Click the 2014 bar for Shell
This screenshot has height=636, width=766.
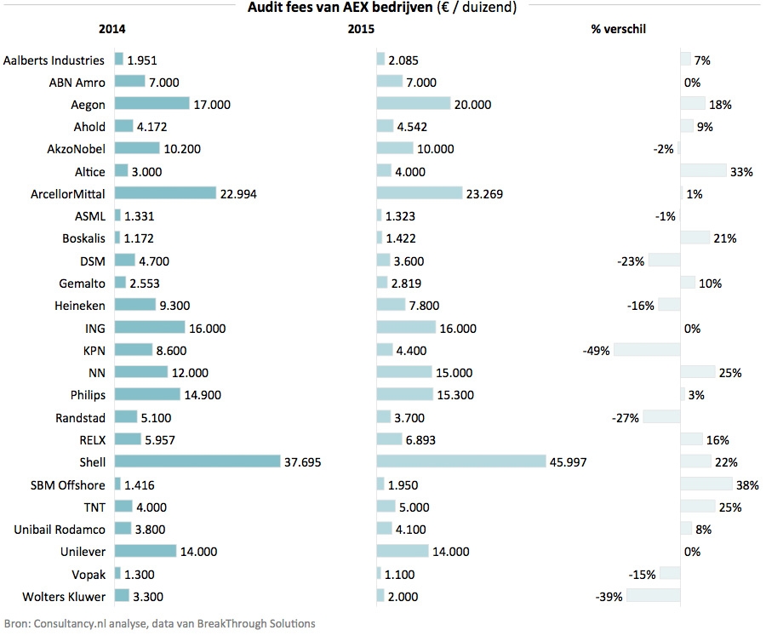tap(197, 461)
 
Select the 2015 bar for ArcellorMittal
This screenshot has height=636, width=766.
tap(419, 193)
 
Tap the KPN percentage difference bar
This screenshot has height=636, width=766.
tap(647, 350)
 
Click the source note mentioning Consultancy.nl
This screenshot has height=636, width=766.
tap(160, 623)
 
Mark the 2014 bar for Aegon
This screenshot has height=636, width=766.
tap(151, 104)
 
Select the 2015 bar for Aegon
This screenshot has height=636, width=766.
tap(413, 104)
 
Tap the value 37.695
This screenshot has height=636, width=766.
tap(304, 461)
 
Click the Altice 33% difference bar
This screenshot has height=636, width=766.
tap(704, 171)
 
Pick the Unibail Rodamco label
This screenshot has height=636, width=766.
tap(60, 529)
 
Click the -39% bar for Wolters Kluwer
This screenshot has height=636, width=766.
tap(654, 595)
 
